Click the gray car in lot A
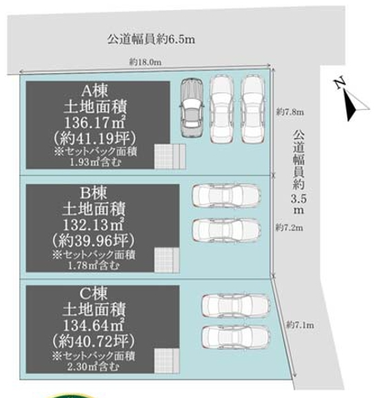pyautogui.click(x=192, y=107)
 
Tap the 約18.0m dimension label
pyautogui.click(x=145, y=62)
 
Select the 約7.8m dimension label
pyautogui.click(x=290, y=112)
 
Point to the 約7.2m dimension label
pyautogui.click(x=289, y=228)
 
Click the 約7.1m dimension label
pyautogui.click(x=300, y=325)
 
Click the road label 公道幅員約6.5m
pyautogui.click(x=152, y=39)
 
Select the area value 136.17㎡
pyautogui.click(x=95, y=122)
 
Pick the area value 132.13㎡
pyautogui.click(x=93, y=224)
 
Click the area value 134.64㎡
pyautogui.click(x=93, y=325)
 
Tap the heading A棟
pyautogui.click(x=95, y=91)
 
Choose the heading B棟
pyautogui.click(x=93, y=193)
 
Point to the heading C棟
pyautogui.click(x=93, y=294)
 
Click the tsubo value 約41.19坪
pyautogui.click(x=95, y=138)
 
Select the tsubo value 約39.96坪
pyautogui.click(x=93, y=241)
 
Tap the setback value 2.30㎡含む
pyautogui.click(x=93, y=367)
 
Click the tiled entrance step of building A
pyautogui.click(x=170, y=157)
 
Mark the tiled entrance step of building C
pyautogui.click(x=167, y=361)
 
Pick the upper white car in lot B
pyautogui.click(x=227, y=195)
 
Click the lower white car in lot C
pyautogui.click(x=236, y=337)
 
